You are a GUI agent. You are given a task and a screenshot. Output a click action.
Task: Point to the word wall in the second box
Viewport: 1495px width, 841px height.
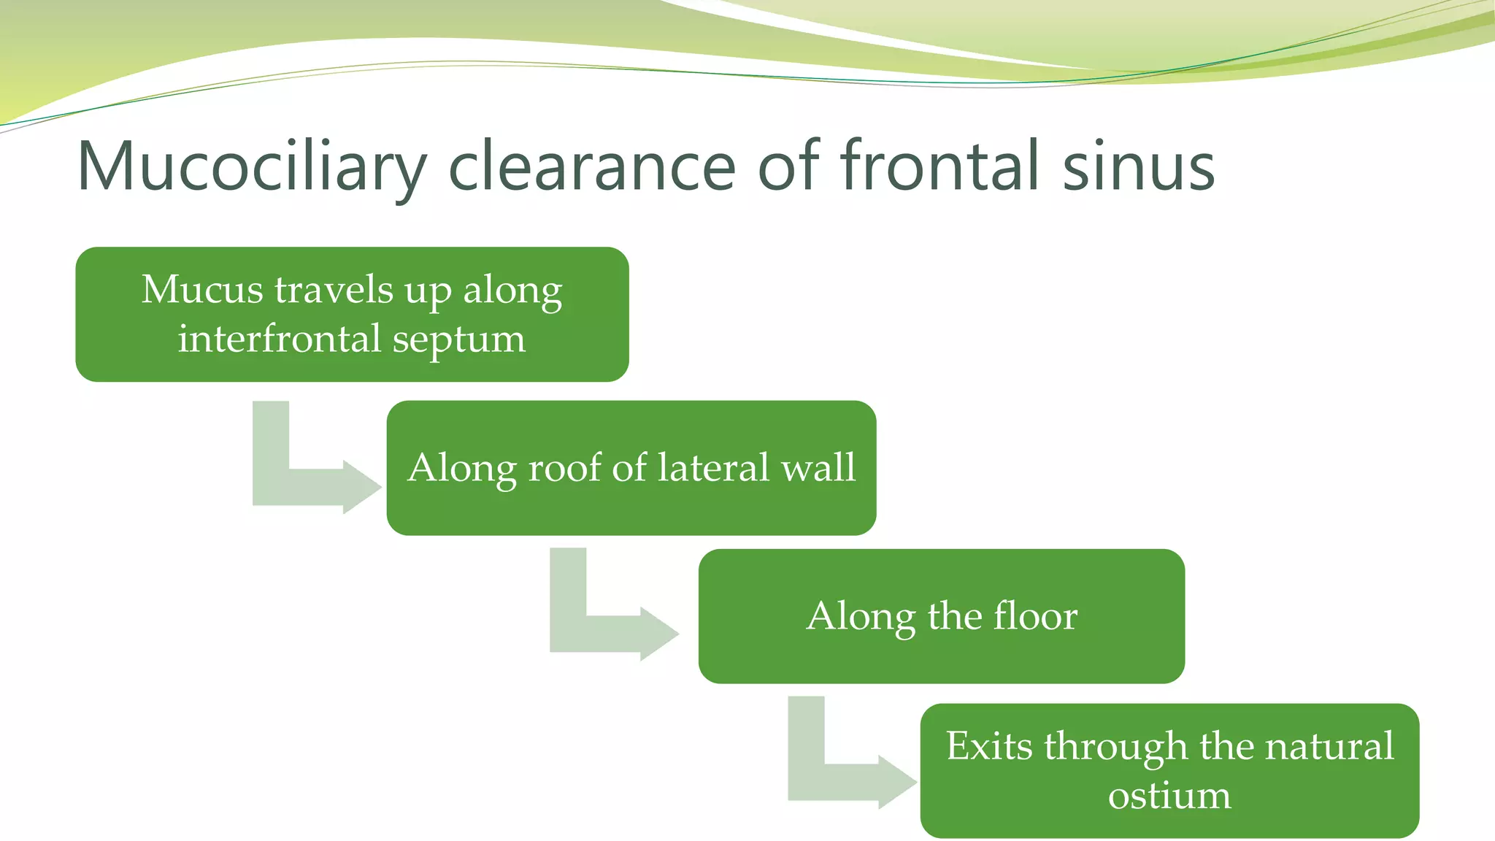pos(818,467)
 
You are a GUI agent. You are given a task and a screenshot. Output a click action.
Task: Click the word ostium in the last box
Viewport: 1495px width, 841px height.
pos(1169,795)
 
